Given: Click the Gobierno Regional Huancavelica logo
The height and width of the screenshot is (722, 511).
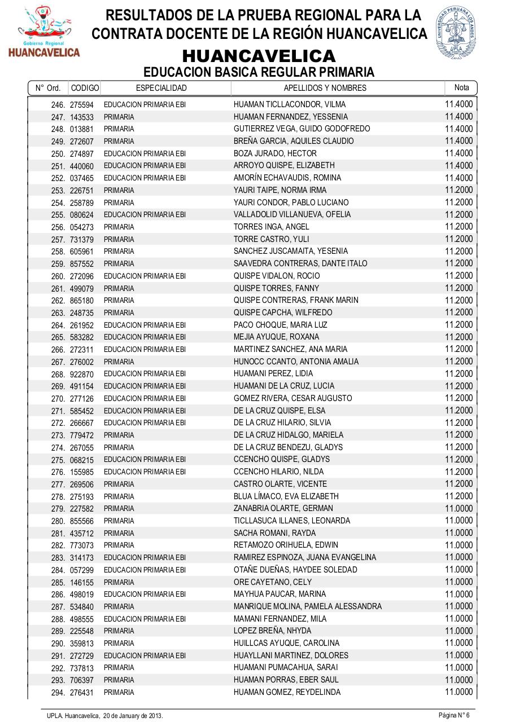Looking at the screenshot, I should coord(43,32).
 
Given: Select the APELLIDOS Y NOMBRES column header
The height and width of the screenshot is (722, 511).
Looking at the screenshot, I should coord(325,88).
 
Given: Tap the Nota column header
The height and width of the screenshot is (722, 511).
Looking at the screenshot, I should coord(461,87).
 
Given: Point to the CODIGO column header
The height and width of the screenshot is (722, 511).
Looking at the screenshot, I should coord(85,88).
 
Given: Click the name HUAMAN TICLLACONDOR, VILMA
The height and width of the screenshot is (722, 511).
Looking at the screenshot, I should coord(281,104).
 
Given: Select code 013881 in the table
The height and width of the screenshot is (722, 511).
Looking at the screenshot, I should coord(82,129).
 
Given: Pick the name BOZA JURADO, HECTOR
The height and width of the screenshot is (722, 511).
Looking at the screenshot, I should coord(275,153).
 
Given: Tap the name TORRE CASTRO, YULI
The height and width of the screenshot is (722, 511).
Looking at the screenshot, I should coord(271,239).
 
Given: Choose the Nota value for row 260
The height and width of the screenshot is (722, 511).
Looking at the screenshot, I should coord(458,276).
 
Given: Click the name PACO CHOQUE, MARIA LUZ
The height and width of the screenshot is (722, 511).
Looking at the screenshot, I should coord(280,325).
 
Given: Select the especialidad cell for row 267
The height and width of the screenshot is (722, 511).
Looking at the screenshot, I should coord(119,362).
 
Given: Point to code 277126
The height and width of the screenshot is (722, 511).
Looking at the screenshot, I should coord(82,398).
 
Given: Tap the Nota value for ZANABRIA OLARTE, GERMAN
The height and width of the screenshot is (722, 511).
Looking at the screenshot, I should coord(458,508).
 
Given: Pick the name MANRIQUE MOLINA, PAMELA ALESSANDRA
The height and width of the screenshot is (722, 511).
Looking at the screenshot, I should coord(307,606).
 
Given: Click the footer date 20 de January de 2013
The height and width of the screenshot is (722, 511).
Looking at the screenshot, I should coord(133,715).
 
